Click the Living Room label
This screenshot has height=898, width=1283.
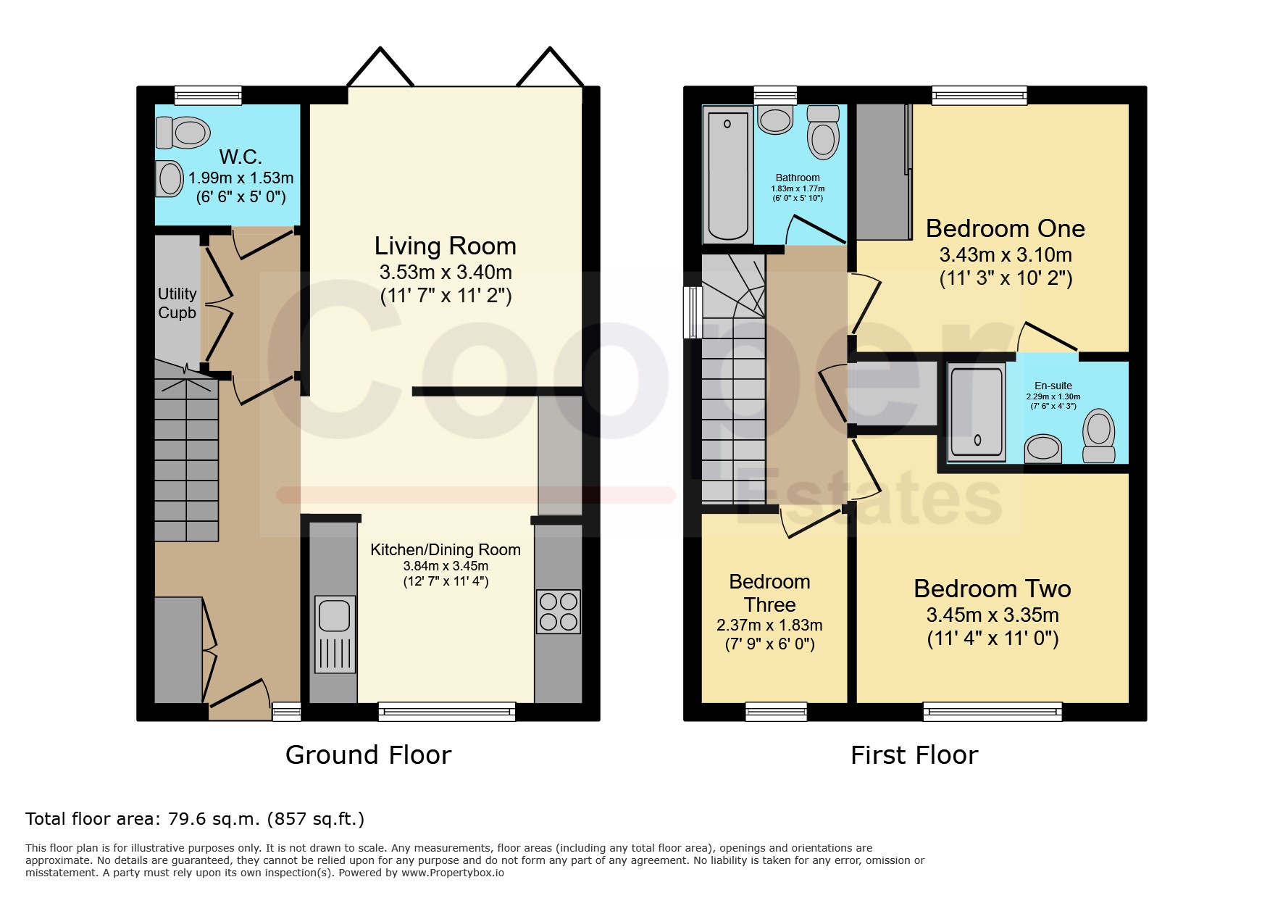click(445, 246)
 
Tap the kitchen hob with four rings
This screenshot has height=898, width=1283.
click(558, 612)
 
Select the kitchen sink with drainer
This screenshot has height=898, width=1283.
click(335, 634)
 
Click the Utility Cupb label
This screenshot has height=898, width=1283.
click(177, 303)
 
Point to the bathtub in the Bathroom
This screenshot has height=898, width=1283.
click(727, 175)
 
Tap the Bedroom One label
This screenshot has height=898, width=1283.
click(1005, 228)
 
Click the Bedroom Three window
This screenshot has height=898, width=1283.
click(776, 712)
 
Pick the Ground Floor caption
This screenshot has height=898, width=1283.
click(368, 755)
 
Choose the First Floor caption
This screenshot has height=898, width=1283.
click(914, 755)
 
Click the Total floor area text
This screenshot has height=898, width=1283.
click(195, 819)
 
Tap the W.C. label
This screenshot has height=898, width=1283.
click(241, 157)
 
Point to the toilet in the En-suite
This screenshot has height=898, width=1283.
click(1098, 435)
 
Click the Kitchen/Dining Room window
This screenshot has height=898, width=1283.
click(447, 712)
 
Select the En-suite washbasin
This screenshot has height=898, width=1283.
click(1043, 448)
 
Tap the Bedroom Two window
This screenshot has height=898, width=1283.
click(992, 712)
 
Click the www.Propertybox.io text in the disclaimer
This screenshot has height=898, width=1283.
click(453, 873)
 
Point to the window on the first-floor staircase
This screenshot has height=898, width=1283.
click(693, 312)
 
